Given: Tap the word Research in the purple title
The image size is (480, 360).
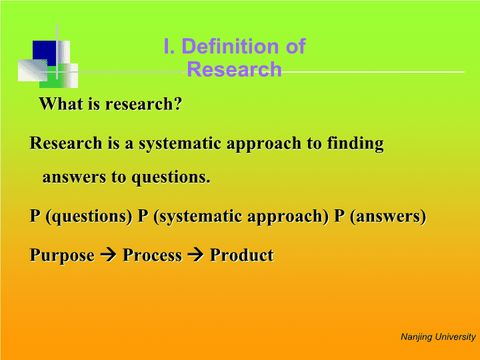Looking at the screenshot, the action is click(x=234, y=69).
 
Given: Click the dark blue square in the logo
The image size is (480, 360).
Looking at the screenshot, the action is click(x=45, y=53).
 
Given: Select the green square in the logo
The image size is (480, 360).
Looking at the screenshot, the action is click(x=51, y=77).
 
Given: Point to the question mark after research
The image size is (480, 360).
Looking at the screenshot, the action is click(x=178, y=103).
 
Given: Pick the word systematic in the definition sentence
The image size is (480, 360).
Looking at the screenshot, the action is click(x=180, y=144).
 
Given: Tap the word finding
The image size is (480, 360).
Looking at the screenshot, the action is click(x=355, y=143).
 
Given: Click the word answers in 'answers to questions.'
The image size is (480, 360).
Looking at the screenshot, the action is click(x=74, y=177).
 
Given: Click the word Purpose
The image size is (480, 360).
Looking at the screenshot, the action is click(x=62, y=255).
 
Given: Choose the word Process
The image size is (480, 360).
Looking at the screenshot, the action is click(x=153, y=255).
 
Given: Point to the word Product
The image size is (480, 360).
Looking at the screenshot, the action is click(x=241, y=255).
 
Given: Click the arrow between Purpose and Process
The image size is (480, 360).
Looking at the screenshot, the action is click(x=109, y=255).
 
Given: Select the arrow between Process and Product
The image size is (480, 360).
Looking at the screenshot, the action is click(x=195, y=255).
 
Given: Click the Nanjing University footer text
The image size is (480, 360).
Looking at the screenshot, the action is click(x=438, y=337).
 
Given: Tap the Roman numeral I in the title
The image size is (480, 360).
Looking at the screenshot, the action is click(x=167, y=46).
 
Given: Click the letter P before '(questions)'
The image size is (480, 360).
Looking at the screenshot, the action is click(x=35, y=215).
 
